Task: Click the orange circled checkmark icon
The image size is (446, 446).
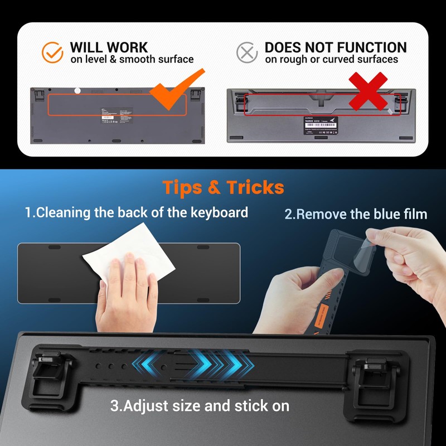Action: point(53,52)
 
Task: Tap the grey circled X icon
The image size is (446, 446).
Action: point(246,52)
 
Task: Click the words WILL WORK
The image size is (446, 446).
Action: point(109,47)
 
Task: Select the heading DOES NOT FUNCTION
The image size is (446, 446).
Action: point(335,47)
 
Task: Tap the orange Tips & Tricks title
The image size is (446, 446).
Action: point(223,187)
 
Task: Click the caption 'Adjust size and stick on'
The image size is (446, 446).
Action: point(200,405)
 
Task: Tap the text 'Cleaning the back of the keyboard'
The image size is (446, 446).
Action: point(136,212)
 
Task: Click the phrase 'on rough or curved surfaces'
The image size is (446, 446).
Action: point(331,60)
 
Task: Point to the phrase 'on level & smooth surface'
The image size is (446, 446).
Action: point(132,60)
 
